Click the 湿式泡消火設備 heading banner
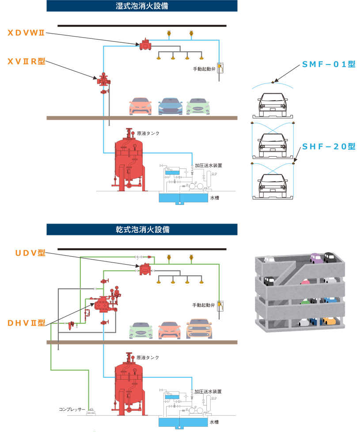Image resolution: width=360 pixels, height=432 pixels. pyautogui.click(x=142, y=6)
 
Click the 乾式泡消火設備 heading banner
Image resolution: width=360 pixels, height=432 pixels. pyautogui.click(x=142, y=230)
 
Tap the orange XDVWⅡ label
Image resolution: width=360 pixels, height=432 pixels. pyautogui.click(x=26, y=33)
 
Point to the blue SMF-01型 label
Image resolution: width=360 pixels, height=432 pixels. pyautogui.click(x=329, y=64)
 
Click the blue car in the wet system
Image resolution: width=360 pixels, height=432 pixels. pyautogui.click(x=170, y=106)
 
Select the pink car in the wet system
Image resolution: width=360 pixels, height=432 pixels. pyautogui.click(x=140, y=106)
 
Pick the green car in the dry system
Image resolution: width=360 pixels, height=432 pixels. pyautogui.click(x=141, y=330)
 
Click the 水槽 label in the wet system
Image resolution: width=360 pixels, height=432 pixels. pyautogui.click(x=215, y=198)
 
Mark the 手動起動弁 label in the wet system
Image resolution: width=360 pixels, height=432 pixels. pyautogui.click(x=204, y=69)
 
